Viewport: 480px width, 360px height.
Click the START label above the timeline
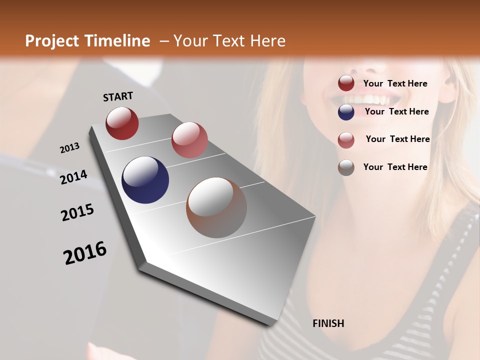[x=118, y=96]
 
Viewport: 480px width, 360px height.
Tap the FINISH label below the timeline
[x=328, y=323]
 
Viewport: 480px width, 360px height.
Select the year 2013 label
[x=69, y=148]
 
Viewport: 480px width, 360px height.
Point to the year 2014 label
[x=73, y=177]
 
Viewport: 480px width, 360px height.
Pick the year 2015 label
[x=77, y=212]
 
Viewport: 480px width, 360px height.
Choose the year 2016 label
[x=85, y=253]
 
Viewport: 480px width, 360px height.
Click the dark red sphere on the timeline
[x=122, y=123]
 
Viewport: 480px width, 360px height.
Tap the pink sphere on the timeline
[x=189, y=140]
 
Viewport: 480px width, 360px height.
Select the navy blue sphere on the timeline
[x=145, y=180]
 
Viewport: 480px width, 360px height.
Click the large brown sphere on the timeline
[x=216, y=207]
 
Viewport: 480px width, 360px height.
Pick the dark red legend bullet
[x=346, y=83]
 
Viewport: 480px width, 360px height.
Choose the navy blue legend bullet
[x=346, y=112]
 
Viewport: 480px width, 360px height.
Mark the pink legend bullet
[x=346, y=140]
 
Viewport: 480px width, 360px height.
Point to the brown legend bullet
[x=346, y=167]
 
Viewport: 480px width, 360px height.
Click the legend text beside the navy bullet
[x=396, y=111]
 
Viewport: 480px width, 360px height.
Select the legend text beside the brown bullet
[x=395, y=167]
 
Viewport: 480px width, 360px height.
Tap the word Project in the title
[x=51, y=41]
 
